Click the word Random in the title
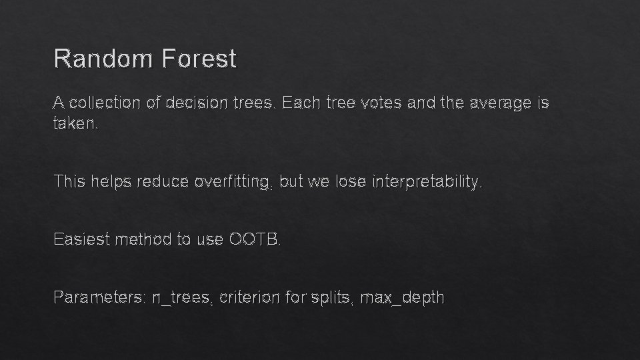coord(103,59)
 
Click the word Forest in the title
coord(198,59)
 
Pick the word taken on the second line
coord(75,124)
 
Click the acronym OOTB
coord(255,239)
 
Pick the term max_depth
coord(402,297)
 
